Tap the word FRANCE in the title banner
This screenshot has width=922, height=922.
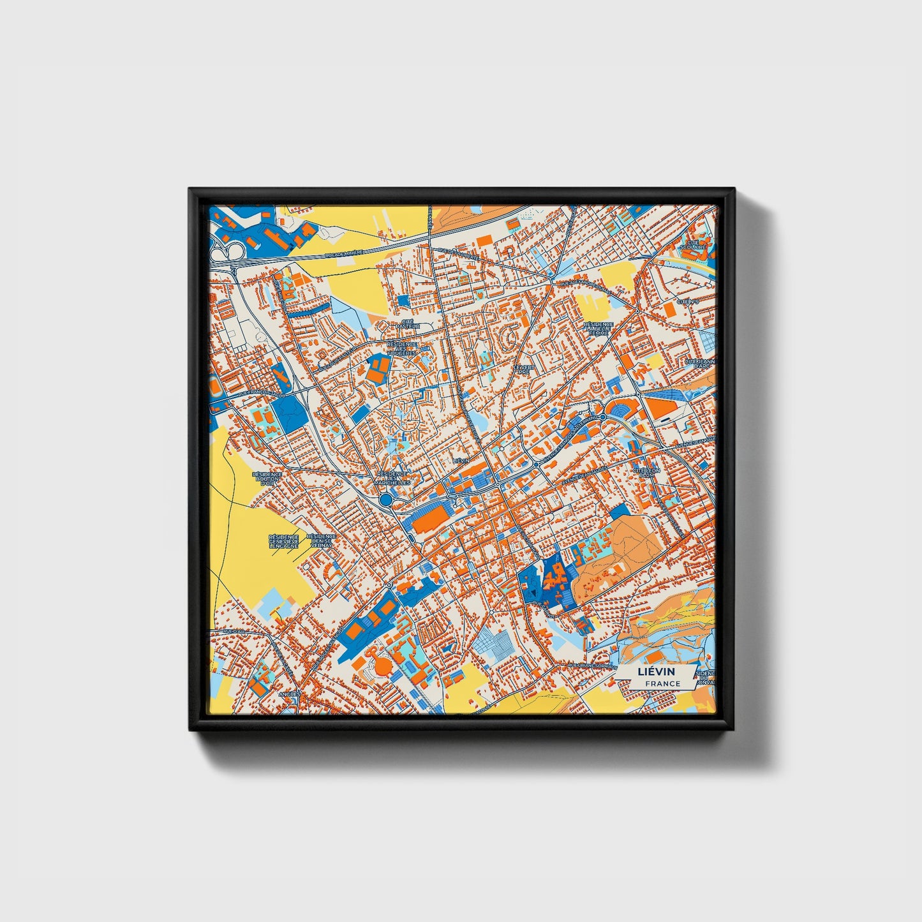(x=662, y=684)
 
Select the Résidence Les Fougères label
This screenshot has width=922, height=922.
(x=402, y=348)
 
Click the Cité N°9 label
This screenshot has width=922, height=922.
(x=688, y=301)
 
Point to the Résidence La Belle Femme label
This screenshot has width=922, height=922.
(x=599, y=329)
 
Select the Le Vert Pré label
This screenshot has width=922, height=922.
(x=525, y=369)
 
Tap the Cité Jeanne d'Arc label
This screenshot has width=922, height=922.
(x=701, y=363)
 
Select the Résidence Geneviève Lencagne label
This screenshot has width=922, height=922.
(x=284, y=542)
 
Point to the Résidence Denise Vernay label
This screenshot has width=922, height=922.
(x=321, y=541)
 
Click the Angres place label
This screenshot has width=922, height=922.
(x=289, y=694)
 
